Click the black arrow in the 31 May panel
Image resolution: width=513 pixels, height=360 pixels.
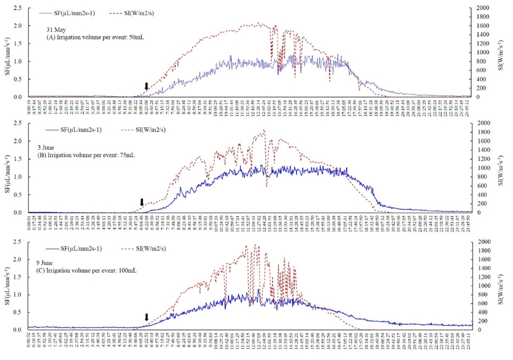(x=146, y=87)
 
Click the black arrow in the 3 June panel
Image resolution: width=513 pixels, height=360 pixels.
(x=142, y=202)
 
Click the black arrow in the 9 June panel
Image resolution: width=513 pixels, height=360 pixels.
(x=146, y=318)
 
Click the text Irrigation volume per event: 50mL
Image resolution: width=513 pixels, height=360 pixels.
(x=99, y=37)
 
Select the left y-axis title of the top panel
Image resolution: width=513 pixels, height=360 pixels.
(x=7, y=52)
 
